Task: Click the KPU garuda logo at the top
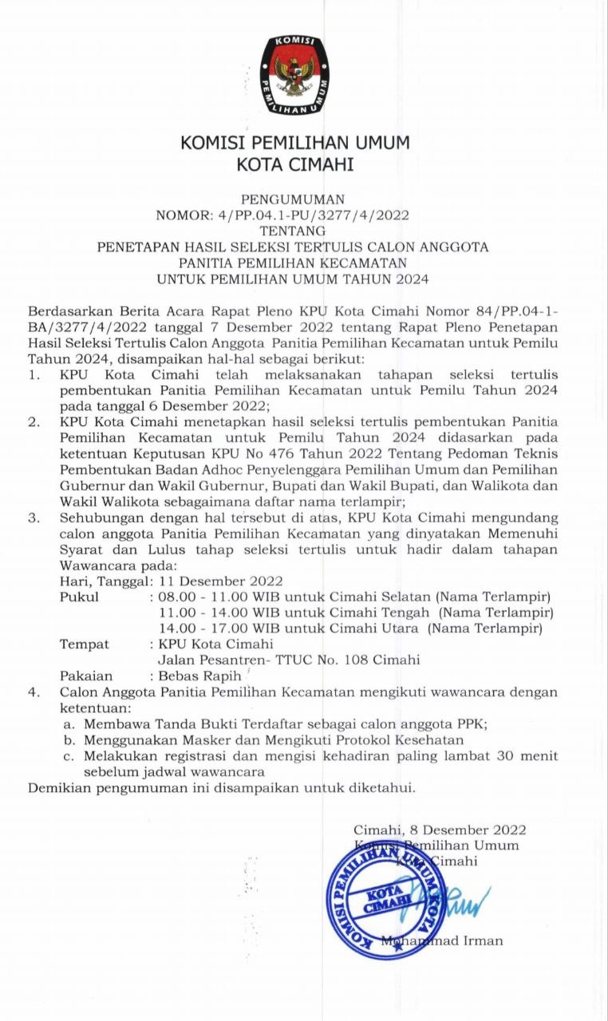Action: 294,74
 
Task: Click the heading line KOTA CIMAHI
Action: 294,165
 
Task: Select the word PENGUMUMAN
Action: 294,199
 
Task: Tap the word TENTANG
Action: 294,231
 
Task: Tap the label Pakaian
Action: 85,676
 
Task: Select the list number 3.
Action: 34,518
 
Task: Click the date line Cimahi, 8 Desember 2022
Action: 440,830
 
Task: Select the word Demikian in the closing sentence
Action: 60,789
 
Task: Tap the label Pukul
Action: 79,597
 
